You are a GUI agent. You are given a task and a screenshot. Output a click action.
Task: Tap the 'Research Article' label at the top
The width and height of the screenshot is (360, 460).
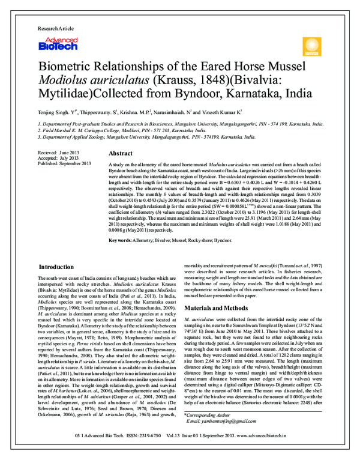point(56,29)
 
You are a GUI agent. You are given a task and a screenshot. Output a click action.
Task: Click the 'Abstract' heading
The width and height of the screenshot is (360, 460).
point(121,154)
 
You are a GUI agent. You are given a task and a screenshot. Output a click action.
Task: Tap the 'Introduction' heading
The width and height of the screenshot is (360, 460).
point(56,266)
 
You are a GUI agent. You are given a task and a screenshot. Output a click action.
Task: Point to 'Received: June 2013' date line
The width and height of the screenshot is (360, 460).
point(59,153)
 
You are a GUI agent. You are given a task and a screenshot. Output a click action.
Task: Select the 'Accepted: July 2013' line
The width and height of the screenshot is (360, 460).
point(58,158)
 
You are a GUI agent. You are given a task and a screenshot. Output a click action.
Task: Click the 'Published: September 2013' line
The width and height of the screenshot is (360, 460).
point(64,163)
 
